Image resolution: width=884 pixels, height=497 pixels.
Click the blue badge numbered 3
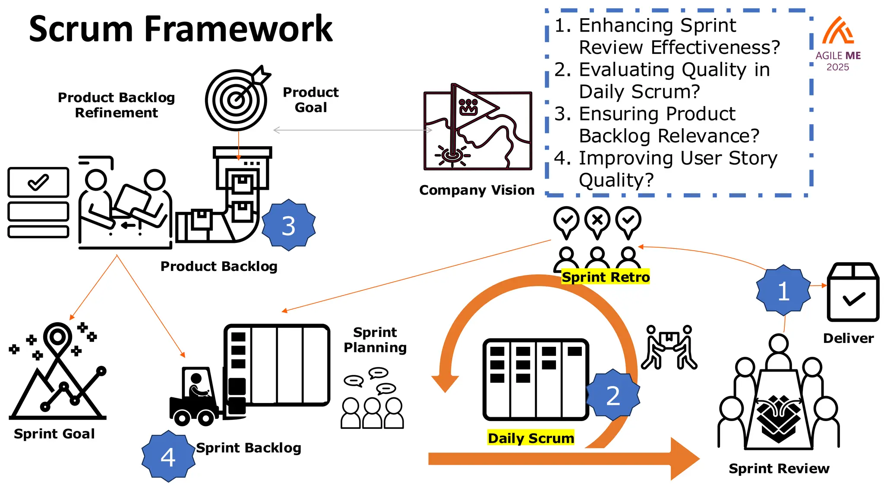click(288, 225)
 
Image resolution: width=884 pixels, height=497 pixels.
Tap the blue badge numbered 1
click(783, 291)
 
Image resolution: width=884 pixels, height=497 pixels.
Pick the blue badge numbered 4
click(168, 456)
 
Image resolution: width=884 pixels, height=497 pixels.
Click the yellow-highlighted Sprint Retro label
click(605, 277)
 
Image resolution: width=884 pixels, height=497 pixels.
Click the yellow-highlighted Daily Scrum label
click(530, 438)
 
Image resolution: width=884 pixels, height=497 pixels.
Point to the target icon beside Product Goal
click(237, 100)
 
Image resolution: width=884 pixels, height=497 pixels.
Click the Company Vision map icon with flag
click(477, 130)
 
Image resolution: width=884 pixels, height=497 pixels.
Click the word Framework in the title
click(238, 29)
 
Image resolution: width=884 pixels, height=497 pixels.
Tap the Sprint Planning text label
click(375, 340)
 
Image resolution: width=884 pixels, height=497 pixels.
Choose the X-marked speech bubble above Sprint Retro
click(597, 221)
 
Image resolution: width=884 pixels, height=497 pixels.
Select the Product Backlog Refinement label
click(117, 105)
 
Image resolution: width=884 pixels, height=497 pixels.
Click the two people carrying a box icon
click(669, 348)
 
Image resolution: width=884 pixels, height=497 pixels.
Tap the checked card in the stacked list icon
click(38, 182)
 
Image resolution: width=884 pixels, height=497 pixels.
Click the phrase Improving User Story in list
click(678, 158)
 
